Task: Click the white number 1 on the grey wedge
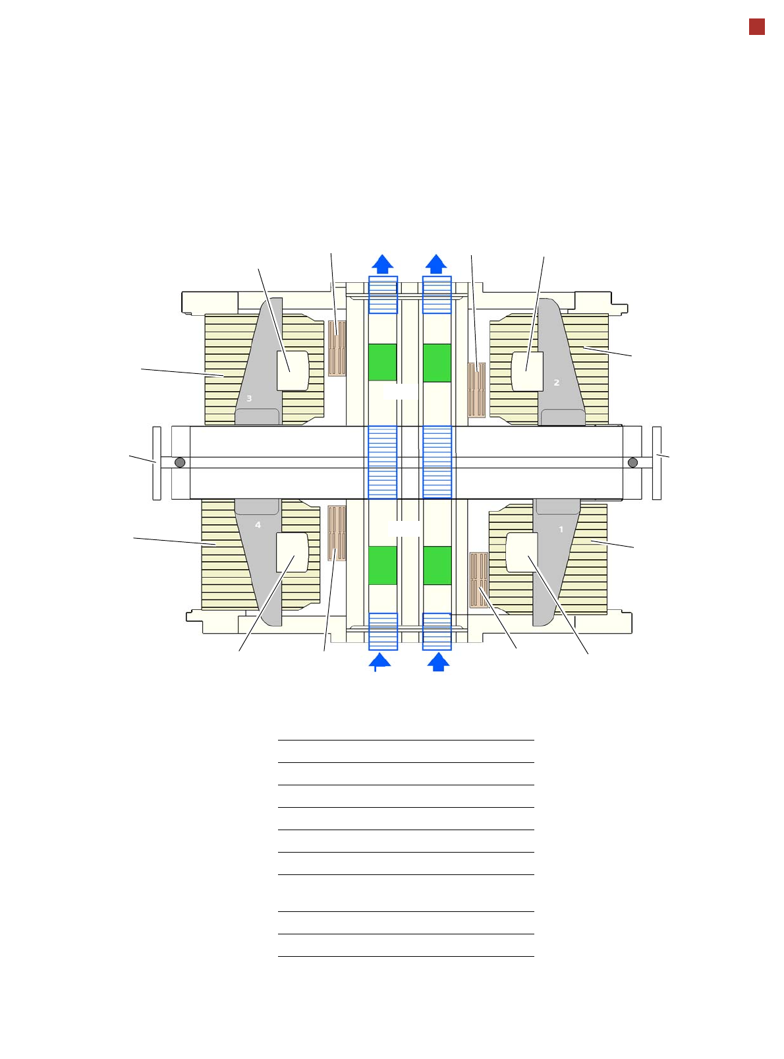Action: coord(561,529)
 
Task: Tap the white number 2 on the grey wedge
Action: coord(557,382)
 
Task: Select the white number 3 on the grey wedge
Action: coord(248,398)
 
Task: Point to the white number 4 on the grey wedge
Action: coord(258,525)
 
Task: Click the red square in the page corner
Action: coord(757,27)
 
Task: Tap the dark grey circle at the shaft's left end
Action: coord(180,462)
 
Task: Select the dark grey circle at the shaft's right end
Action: coord(632,462)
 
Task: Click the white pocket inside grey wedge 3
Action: coord(293,371)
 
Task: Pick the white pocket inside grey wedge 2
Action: coord(527,371)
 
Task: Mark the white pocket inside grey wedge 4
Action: coord(292,553)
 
